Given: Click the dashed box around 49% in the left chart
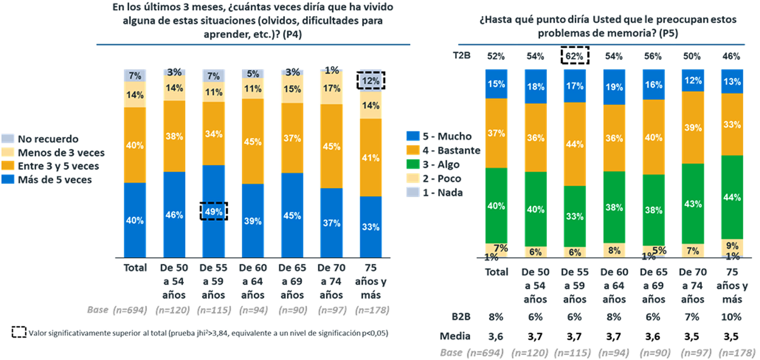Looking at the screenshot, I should point(214,211).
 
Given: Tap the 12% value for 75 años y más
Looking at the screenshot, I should point(371,80).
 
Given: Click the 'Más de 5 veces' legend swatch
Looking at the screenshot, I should point(8,179).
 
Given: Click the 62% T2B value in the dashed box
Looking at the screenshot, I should point(575,55).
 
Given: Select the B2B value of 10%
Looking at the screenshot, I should point(731,317).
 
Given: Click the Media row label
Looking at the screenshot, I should point(455,336).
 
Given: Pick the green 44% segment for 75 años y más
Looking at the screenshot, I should point(732,197).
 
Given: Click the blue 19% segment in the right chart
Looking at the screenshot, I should point(614,87).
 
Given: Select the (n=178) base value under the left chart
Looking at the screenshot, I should point(372,310).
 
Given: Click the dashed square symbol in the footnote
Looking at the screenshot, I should point(19,332).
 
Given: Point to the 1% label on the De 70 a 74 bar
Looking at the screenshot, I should point(332,70).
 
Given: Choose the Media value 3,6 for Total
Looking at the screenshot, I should point(496,336).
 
